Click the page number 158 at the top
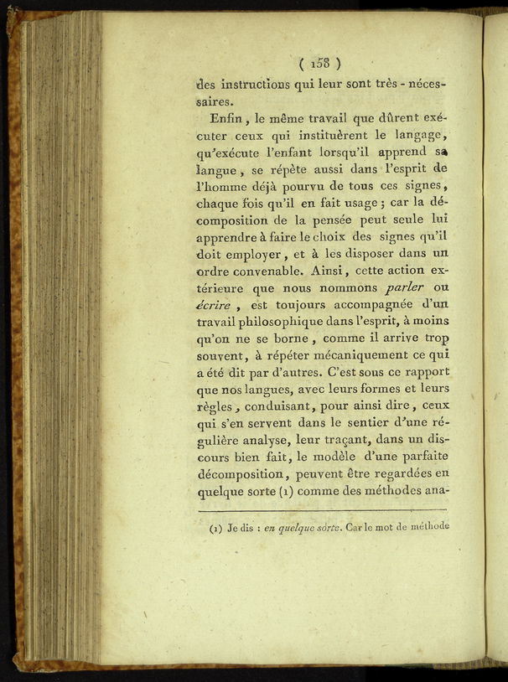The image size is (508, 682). tap(320, 63)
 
